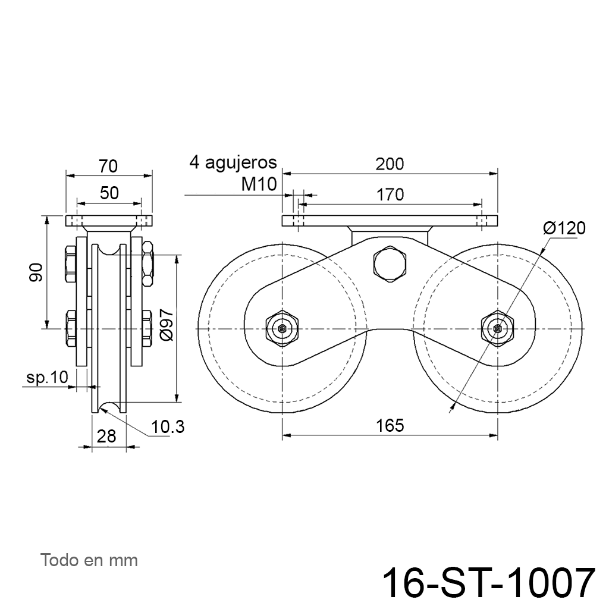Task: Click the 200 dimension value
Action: [390, 164]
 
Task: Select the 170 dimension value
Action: [390, 194]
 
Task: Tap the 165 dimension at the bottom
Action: [390, 426]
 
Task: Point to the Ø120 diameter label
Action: [564, 228]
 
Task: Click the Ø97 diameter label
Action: [167, 325]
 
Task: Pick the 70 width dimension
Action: [108, 167]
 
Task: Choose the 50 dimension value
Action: [109, 193]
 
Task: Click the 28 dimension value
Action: [106, 436]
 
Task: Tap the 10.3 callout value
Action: [168, 427]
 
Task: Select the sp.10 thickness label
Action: [48, 377]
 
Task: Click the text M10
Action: [259, 184]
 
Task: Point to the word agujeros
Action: [241, 163]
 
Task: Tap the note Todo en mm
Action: [89, 560]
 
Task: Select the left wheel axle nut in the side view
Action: [282, 329]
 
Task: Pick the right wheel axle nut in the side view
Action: [498, 329]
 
